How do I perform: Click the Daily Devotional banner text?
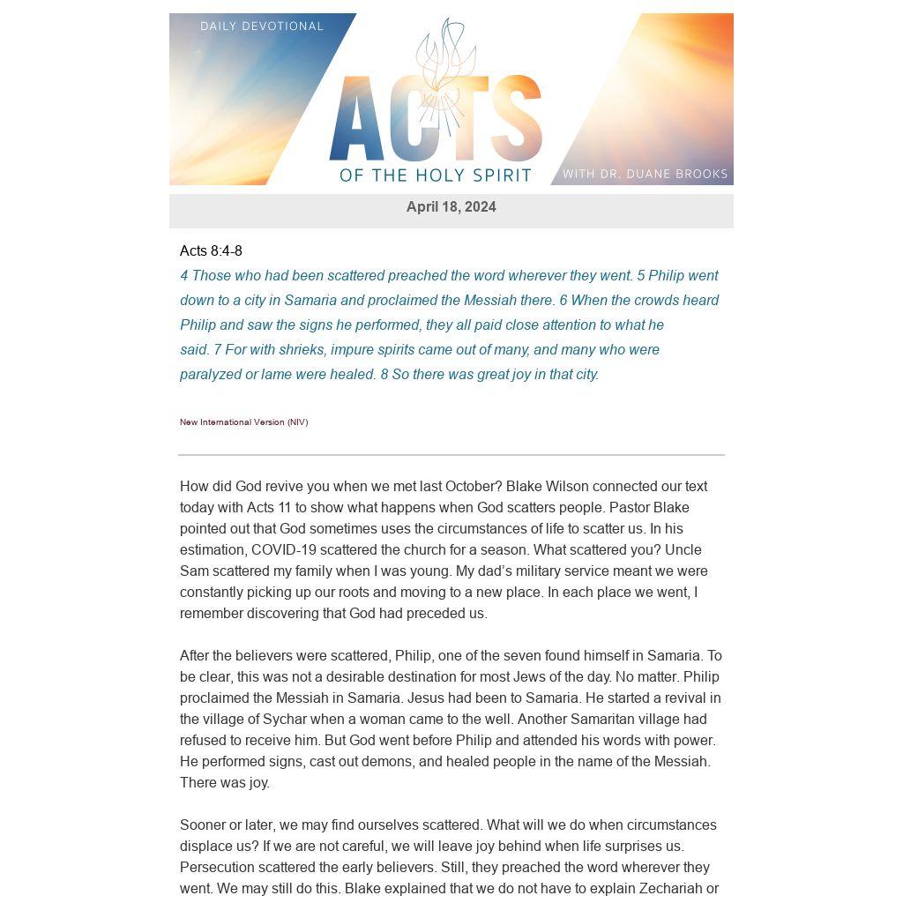click(x=262, y=26)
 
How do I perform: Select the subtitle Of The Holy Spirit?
click(x=436, y=175)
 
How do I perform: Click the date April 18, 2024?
click(x=451, y=207)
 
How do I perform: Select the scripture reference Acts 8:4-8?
click(x=211, y=251)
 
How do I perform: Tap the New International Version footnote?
click(x=243, y=422)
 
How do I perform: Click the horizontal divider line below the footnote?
click(x=451, y=455)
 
